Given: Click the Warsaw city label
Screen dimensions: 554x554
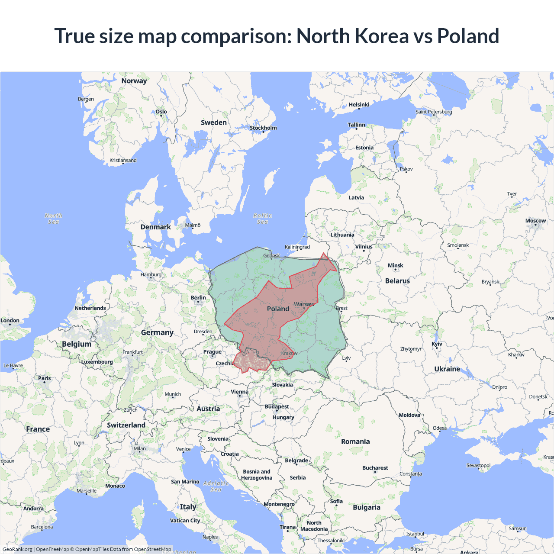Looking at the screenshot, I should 304,304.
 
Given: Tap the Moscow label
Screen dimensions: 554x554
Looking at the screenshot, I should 535,221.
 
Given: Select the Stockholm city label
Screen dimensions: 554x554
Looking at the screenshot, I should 263,128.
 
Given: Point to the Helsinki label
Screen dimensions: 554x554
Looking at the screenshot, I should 359,105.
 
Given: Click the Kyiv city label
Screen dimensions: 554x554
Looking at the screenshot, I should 437,344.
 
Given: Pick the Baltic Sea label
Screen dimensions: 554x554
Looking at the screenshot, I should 262,219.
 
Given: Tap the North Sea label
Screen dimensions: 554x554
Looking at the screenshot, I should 53,219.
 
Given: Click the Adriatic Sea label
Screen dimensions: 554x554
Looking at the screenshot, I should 216,486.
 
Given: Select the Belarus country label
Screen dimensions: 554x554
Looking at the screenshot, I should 397,281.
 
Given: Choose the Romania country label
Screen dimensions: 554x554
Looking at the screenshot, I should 355,441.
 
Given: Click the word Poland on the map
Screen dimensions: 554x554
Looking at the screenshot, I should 278,309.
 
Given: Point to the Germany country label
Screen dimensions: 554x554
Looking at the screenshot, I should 157,332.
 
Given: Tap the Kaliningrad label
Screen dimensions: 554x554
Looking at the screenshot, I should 297,247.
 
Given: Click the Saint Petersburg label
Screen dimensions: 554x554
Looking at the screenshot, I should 434,112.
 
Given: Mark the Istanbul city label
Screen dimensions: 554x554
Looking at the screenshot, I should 415,534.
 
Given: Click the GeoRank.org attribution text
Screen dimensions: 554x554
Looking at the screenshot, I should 17,549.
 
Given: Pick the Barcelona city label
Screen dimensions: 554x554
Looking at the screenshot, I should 42,527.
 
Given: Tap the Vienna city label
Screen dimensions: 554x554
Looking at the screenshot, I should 239,392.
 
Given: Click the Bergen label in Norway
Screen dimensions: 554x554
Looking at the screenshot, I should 86,99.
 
